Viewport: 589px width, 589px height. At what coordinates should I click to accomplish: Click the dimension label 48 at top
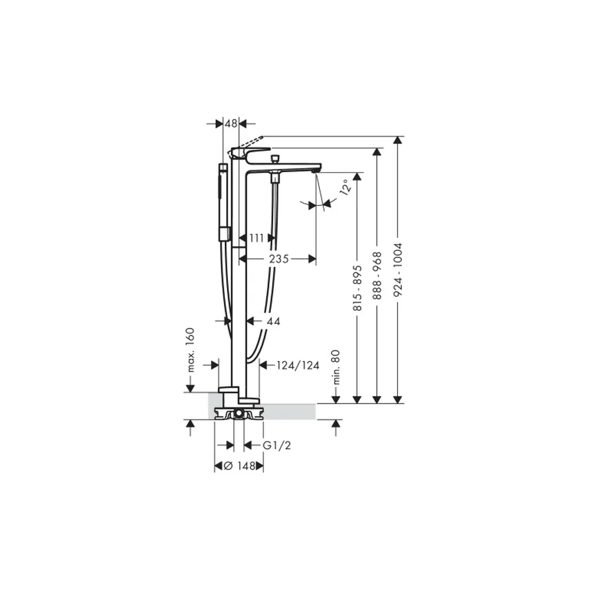pos(231,123)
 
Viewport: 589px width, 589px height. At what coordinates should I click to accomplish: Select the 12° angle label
pos(346,186)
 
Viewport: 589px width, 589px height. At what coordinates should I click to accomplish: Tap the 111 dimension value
pos(257,238)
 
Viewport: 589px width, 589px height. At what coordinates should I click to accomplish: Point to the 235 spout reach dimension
pos(279,259)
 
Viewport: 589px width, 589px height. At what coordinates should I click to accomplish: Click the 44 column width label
pos(273,321)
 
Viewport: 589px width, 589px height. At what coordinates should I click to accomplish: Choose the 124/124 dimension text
pos(298,365)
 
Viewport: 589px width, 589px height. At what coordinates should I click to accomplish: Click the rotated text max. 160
pos(191,350)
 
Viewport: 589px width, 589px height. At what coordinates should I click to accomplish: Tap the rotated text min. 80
pos(336,367)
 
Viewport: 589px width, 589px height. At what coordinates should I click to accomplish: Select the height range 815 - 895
pos(358,288)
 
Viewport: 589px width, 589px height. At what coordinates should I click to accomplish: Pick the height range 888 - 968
pos(377,276)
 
